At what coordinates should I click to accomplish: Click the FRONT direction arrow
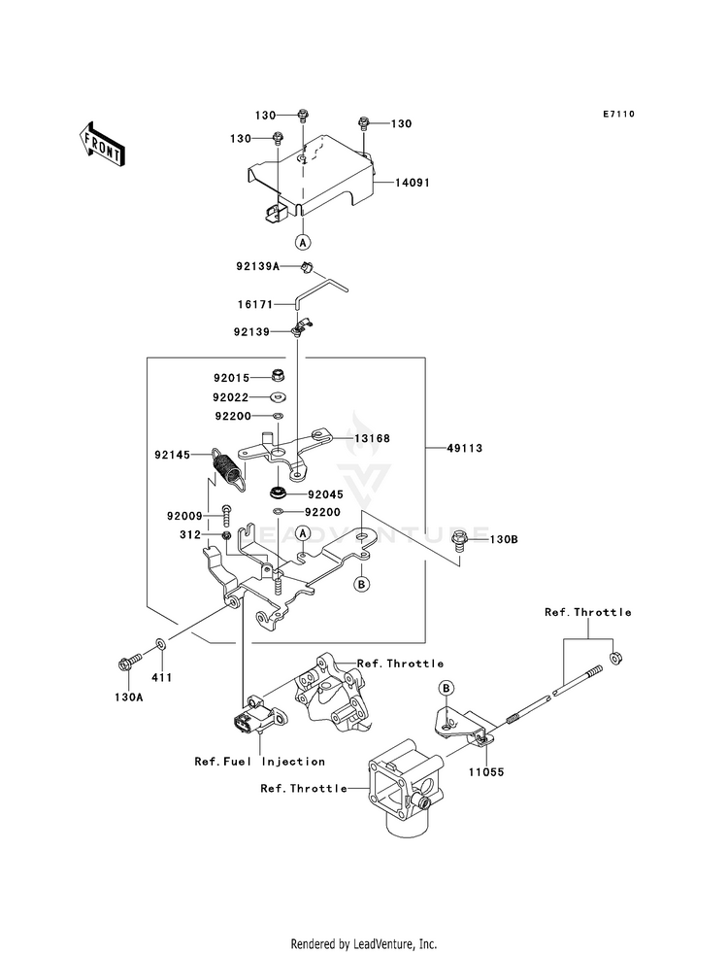pyautogui.click(x=101, y=144)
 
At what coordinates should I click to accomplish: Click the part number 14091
pyautogui.click(x=413, y=183)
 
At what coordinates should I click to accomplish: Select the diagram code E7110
pyautogui.click(x=618, y=114)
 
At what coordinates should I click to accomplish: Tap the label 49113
pyautogui.click(x=465, y=448)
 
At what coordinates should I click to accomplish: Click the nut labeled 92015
pyautogui.click(x=279, y=377)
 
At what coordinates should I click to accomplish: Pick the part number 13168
pyautogui.click(x=372, y=438)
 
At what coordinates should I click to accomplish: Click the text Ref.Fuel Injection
pyautogui.click(x=260, y=761)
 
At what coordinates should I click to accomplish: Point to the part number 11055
pyautogui.click(x=485, y=772)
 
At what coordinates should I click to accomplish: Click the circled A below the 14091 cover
pyautogui.click(x=303, y=242)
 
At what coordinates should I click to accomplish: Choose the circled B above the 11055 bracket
pyautogui.click(x=447, y=688)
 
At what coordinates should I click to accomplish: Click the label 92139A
pyautogui.click(x=258, y=265)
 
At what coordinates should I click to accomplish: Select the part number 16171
pyautogui.click(x=255, y=304)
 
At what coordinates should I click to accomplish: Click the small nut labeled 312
pyautogui.click(x=226, y=535)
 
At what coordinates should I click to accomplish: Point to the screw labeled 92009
pyautogui.click(x=226, y=516)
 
